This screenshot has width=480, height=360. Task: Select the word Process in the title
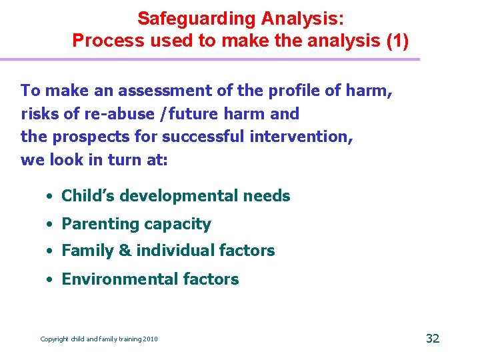pyautogui.click(x=104, y=41)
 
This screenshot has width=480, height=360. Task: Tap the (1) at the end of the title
pyautogui.click(x=397, y=41)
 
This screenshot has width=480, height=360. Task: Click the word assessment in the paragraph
pyautogui.click(x=145, y=90)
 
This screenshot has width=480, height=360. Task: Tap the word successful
pyautogui.click(x=203, y=137)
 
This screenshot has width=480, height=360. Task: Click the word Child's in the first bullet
pyautogui.click(x=86, y=196)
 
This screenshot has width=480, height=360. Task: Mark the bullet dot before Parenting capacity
pyautogui.click(x=51, y=225)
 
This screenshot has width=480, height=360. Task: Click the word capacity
pyautogui.click(x=182, y=224)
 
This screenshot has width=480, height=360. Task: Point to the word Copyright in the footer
pyautogui.click(x=55, y=339)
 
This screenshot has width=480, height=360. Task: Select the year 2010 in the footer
pyautogui.click(x=150, y=339)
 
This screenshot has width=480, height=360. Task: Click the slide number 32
pyautogui.click(x=433, y=338)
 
